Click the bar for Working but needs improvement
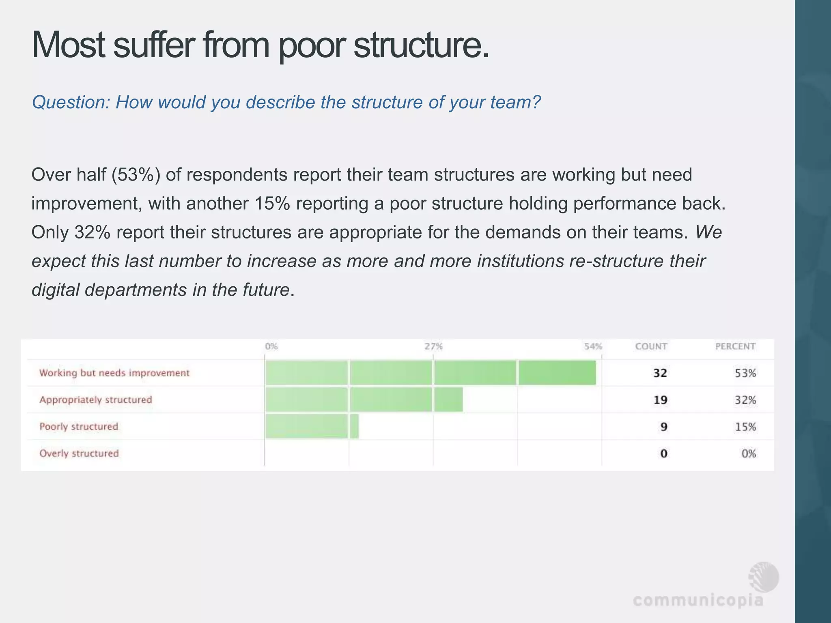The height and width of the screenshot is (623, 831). (430, 372)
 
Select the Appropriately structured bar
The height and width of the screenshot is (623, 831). (364, 400)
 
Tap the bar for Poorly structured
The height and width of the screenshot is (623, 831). (312, 426)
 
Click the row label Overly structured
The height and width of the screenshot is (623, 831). (79, 453)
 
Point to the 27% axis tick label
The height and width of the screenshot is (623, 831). (433, 346)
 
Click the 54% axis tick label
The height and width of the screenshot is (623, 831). (593, 346)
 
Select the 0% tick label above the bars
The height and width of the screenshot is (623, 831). (271, 346)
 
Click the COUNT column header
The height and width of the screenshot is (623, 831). (651, 346)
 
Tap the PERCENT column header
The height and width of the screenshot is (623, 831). (735, 346)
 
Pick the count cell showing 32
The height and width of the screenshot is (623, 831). (660, 373)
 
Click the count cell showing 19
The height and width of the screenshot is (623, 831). (660, 400)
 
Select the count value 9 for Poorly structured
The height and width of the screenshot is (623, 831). (663, 427)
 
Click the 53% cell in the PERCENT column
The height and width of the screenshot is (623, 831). (745, 373)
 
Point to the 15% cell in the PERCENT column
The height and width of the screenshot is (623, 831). (745, 427)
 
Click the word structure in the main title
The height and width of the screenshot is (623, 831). (421, 45)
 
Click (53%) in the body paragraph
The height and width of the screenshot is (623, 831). (136, 175)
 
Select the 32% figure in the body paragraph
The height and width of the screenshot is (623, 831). (92, 232)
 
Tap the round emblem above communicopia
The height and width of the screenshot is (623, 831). (764, 577)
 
